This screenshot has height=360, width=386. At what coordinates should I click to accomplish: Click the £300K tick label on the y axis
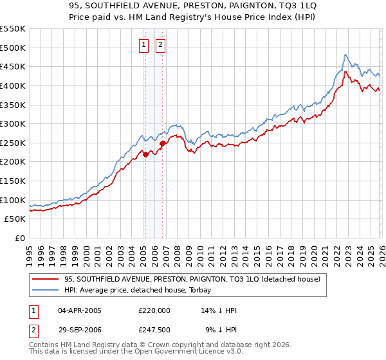tap(13, 123)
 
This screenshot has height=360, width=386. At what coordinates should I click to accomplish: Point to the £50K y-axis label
tap(15, 219)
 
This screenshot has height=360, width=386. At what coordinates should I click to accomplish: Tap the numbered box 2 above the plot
tap(160, 45)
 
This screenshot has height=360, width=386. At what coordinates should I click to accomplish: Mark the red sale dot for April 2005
tap(145, 154)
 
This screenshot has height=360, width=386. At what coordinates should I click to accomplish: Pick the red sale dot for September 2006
tap(162, 143)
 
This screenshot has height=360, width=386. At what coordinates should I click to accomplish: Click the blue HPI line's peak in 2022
tap(345, 55)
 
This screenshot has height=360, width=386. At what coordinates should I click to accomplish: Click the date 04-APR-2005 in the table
tap(79, 310)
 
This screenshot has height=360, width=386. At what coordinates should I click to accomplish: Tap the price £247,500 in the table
tap(154, 331)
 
